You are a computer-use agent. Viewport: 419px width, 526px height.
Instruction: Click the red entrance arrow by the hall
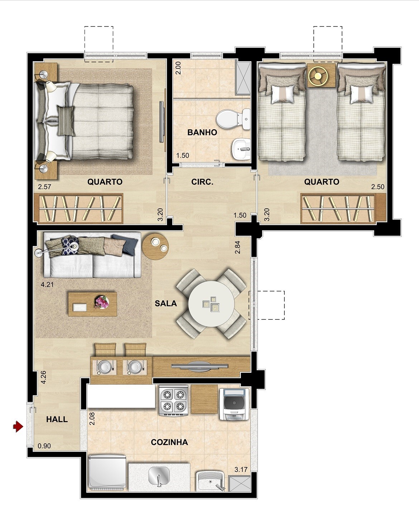[18, 427]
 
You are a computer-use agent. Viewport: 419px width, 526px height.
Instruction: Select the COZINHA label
[169, 442]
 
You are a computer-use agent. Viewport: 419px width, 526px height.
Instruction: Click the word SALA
[166, 303]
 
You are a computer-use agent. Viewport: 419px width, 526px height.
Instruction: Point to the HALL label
[57, 419]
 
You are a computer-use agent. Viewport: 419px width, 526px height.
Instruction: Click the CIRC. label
[202, 182]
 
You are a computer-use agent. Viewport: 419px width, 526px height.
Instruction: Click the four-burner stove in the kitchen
[174, 401]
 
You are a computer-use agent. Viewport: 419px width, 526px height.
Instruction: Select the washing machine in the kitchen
[234, 404]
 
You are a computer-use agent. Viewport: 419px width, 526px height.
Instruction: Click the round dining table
[211, 304]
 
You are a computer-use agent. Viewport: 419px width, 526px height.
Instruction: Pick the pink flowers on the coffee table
[102, 302]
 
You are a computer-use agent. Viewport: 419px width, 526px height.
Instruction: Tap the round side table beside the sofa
[155, 247]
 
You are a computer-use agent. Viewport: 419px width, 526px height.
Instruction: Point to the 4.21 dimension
[47, 285]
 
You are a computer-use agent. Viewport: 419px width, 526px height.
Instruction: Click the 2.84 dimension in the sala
[238, 247]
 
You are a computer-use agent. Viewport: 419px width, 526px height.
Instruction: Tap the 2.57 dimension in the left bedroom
[44, 187]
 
